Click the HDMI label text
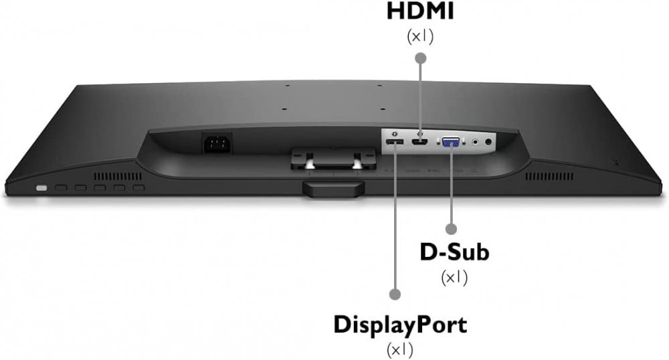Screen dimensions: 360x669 (421, 12)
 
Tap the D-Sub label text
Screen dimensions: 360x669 (454, 252)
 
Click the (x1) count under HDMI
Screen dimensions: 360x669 (421, 36)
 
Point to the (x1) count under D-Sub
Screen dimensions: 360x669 (454, 276)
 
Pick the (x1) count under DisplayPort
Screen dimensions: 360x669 (401, 349)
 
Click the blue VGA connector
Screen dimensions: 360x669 (449, 142)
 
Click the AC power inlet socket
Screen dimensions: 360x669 (217, 142)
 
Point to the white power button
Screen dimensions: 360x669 (41, 189)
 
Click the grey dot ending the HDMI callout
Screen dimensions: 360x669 (421, 58)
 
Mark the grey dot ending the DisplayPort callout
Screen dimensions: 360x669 (395, 294)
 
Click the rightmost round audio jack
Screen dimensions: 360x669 (489, 141)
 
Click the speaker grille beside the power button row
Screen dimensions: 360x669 (118, 176)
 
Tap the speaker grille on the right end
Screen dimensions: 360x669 (549, 177)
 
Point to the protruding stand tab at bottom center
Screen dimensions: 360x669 (332, 189)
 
